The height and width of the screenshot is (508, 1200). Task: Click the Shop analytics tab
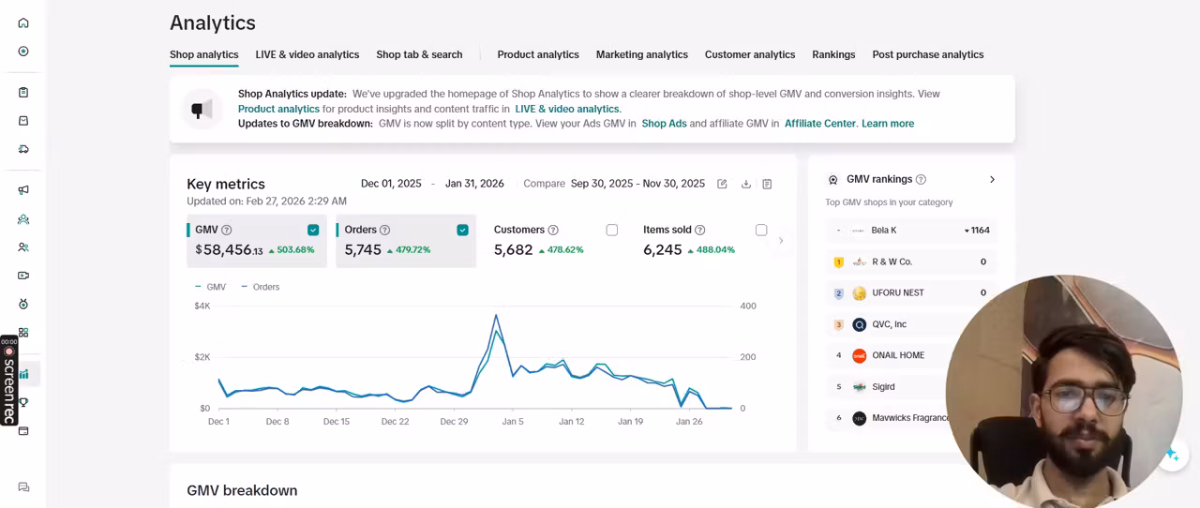coord(204,54)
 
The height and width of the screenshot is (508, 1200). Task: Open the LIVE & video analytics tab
coord(307,54)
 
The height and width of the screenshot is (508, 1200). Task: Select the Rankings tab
coord(833,54)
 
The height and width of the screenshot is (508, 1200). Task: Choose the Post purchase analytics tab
coord(928,54)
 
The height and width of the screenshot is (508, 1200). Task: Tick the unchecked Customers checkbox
coord(612,230)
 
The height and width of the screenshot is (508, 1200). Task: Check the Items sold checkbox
coord(761,230)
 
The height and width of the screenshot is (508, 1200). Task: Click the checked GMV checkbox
coord(313,230)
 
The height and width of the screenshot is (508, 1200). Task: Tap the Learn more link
coord(888,123)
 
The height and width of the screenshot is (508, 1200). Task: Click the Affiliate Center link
coord(820,123)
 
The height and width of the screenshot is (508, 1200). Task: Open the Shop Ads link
coord(665,123)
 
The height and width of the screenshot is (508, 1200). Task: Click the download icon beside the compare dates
coord(745,184)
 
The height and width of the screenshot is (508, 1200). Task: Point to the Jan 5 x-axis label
coord(513,422)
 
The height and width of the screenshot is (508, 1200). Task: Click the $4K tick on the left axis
coord(202,306)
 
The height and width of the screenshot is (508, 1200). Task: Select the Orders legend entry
coord(261,287)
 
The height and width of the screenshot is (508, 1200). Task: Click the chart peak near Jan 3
coord(497,315)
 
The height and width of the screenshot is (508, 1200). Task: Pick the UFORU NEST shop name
coord(898,292)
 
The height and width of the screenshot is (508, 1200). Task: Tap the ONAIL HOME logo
coord(860,355)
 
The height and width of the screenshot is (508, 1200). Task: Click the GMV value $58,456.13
coord(230,249)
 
